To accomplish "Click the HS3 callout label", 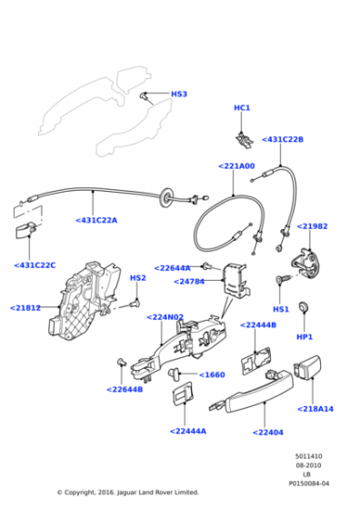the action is click(179, 95).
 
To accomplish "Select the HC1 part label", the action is click(242, 108).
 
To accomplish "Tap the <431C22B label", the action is click(283, 140).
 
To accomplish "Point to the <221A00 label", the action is click(236, 166).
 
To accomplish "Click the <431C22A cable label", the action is click(96, 220).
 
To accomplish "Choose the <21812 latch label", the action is click(25, 308).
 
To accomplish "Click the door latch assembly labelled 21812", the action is click(84, 300).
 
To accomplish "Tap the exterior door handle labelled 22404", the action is click(253, 392).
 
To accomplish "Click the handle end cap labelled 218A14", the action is click(307, 366).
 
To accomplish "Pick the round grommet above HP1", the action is click(304, 306).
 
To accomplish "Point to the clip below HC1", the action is click(245, 140).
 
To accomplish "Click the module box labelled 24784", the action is click(235, 281).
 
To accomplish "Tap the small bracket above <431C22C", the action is click(25, 230).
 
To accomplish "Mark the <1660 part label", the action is click(212, 374).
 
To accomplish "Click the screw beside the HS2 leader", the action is click(134, 304).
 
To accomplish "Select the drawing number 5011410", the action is click(308, 456).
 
